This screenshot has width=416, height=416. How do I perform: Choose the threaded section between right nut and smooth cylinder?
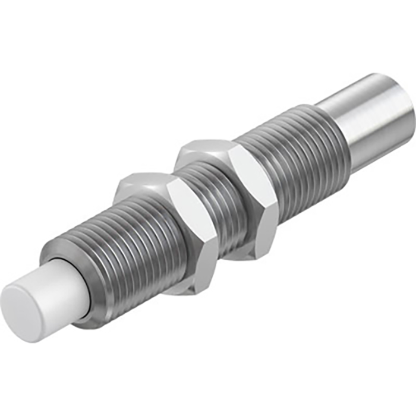(x=297, y=160)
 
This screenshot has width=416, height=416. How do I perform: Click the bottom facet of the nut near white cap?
(x=178, y=288)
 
